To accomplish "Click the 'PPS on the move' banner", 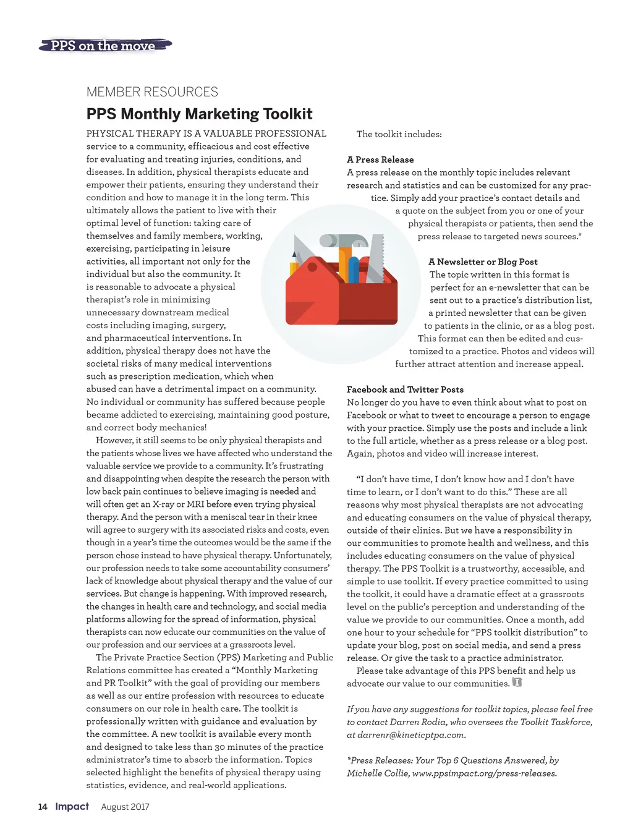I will click(x=104, y=45).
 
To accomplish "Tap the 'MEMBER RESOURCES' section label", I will click(x=152, y=92).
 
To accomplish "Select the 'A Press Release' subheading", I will click(x=380, y=159).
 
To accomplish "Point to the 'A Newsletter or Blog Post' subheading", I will click(x=483, y=261).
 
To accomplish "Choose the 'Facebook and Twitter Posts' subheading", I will click(x=405, y=389).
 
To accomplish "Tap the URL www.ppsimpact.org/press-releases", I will click(x=484, y=773).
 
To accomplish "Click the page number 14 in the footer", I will click(x=43, y=807).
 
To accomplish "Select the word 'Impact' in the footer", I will click(x=72, y=806).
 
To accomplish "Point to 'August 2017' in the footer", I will click(x=125, y=807).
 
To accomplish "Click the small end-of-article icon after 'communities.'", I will click(x=517, y=682).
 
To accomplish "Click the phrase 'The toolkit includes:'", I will click(x=399, y=134).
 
